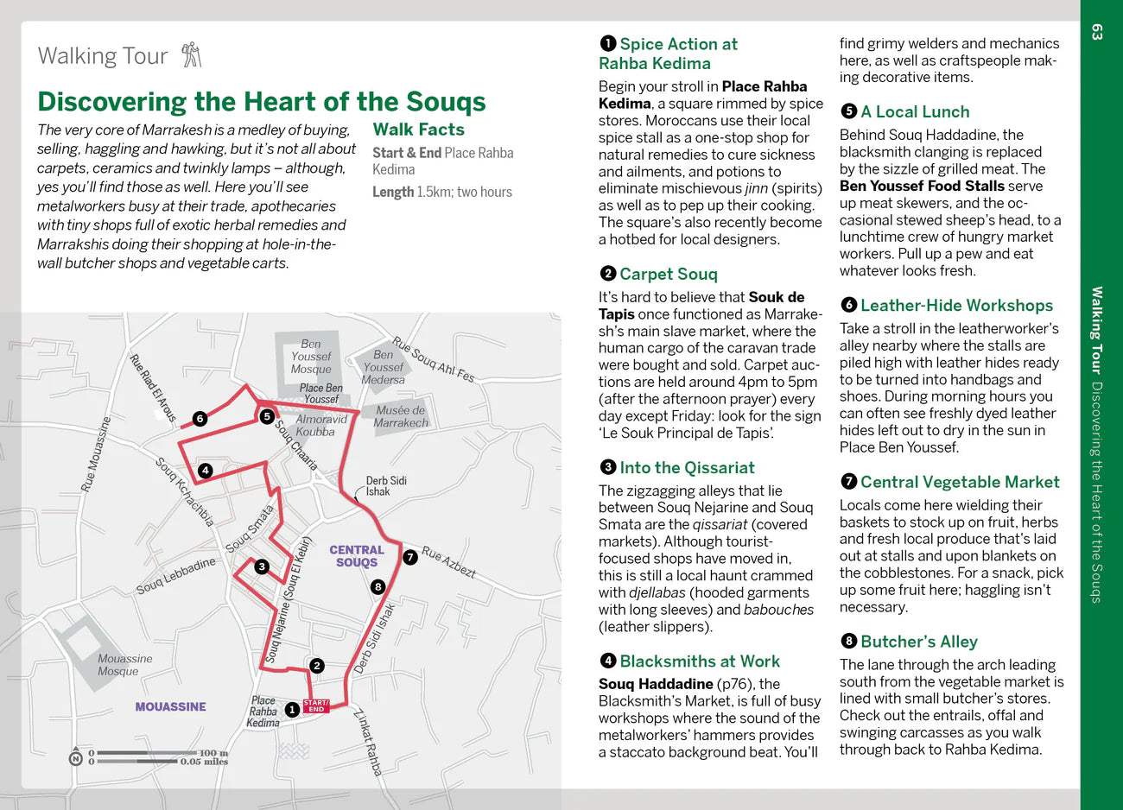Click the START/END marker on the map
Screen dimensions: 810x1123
[x=315, y=706]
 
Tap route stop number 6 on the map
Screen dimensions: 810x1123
[x=200, y=419]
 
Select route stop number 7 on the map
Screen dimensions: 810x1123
[x=409, y=557]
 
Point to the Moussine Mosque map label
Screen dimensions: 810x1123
[x=124, y=665]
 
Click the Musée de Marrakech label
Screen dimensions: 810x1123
[x=400, y=416]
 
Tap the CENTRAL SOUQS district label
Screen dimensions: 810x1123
[x=357, y=555]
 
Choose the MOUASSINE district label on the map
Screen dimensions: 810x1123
[x=170, y=706]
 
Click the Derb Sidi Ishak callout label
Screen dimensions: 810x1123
[x=385, y=485]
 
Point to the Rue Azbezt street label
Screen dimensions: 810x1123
[x=449, y=562]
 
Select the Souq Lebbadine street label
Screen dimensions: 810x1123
[x=175, y=576]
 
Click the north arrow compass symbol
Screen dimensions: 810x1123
[x=76, y=757]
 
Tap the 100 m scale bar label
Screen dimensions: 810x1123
[x=213, y=753]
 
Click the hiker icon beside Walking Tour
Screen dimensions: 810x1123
[x=191, y=55]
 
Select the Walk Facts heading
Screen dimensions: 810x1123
[x=418, y=130]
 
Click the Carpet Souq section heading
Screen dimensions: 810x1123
[x=668, y=274]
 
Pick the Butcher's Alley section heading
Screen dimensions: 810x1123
[x=918, y=642]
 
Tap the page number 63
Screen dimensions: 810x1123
[x=1097, y=32]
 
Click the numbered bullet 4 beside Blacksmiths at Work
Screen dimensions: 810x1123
[x=607, y=661]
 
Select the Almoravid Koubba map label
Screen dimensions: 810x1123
[x=320, y=425]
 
